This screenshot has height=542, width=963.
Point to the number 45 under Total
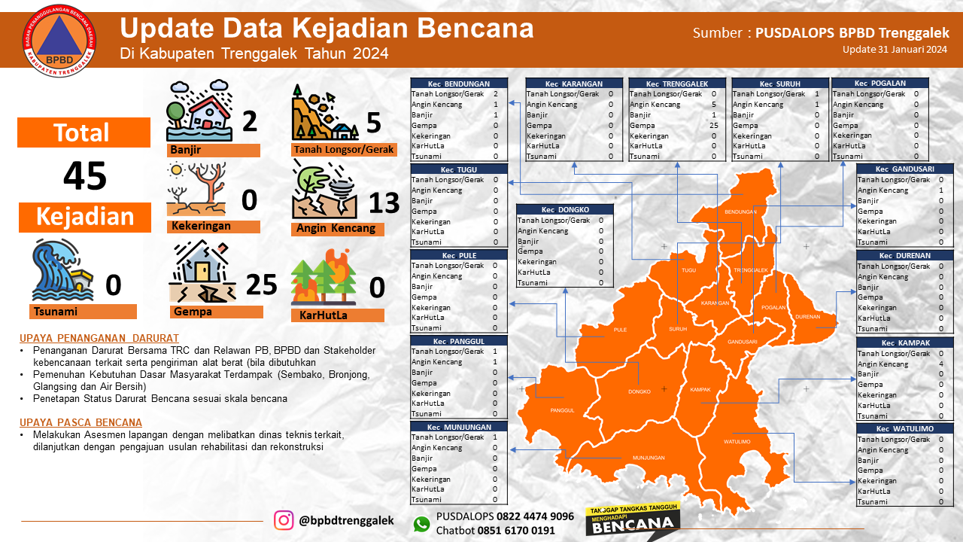84,176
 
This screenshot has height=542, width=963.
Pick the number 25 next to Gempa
262,285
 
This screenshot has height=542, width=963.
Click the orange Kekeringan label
214,226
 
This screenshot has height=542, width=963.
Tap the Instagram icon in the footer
284,520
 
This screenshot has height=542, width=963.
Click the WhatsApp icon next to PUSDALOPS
421,524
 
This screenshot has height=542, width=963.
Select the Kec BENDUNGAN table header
458,84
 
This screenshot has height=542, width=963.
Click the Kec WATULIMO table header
906,428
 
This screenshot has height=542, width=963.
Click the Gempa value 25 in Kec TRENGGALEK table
713,126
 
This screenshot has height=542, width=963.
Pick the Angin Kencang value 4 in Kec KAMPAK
940,364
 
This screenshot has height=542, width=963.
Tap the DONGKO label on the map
639,391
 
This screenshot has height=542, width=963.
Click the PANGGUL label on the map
562,410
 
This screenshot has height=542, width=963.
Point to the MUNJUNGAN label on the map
648,458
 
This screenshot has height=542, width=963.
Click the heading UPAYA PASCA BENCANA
81,422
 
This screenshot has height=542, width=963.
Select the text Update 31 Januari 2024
895,50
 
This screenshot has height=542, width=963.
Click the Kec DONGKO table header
564,209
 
